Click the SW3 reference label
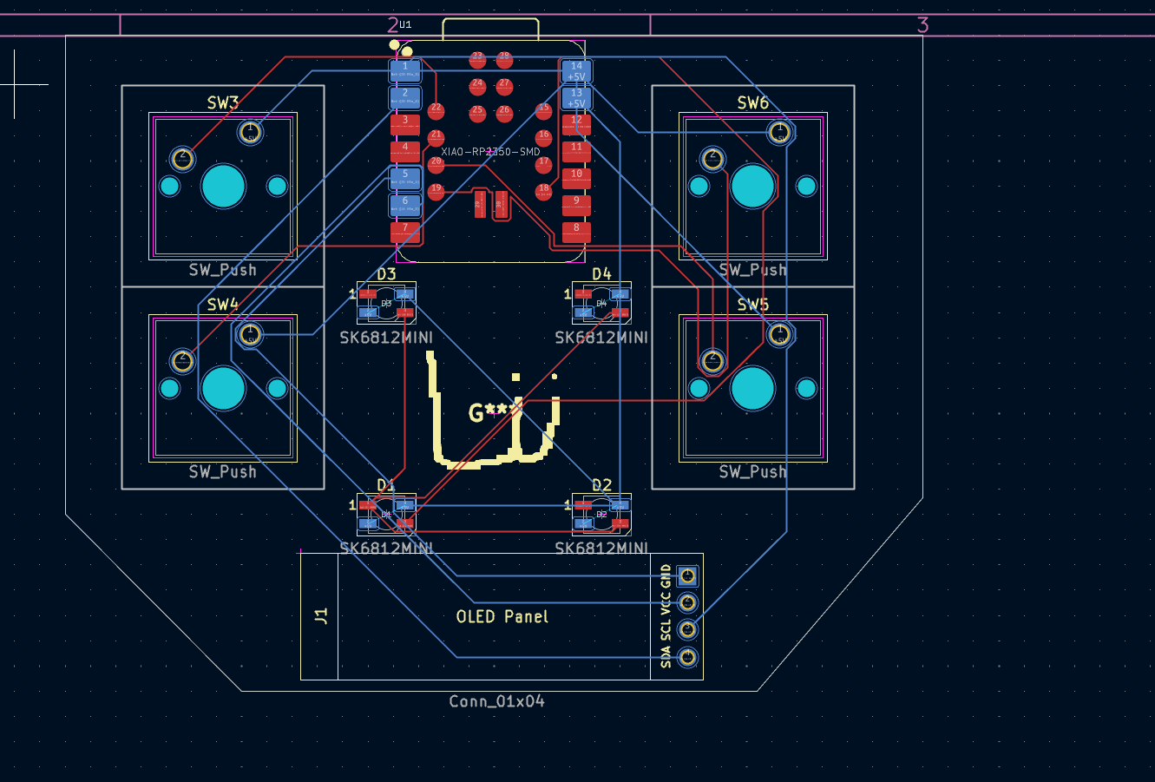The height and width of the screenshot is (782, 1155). [x=222, y=102]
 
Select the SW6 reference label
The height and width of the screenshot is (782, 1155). [x=752, y=102]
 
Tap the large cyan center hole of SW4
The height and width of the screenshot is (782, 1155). [x=223, y=388]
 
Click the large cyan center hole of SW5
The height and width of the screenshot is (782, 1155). [x=752, y=388]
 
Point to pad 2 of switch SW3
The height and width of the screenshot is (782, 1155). [x=182, y=158]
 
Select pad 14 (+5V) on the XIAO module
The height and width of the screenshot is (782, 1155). [x=576, y=70]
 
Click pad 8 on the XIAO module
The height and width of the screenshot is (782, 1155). [x=576, y=231]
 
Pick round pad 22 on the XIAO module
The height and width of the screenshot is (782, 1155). [x=436, y=109]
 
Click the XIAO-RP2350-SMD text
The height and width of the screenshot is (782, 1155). [x=490, y=152]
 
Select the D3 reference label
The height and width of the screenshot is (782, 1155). [x=386, y=274]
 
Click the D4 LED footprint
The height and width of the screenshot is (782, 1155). [x=601, y=303]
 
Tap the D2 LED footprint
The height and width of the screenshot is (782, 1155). [x=601, y=514]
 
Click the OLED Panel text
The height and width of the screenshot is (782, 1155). [x=502, y=616]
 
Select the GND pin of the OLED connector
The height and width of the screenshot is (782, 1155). [x=688, y=575]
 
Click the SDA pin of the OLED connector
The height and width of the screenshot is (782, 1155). [x=688, y=655]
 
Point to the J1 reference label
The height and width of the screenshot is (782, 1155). [x=321, y=616]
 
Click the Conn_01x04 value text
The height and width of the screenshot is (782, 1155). [x=497, y=701]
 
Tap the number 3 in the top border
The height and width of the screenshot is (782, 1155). [x=922, y=25]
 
